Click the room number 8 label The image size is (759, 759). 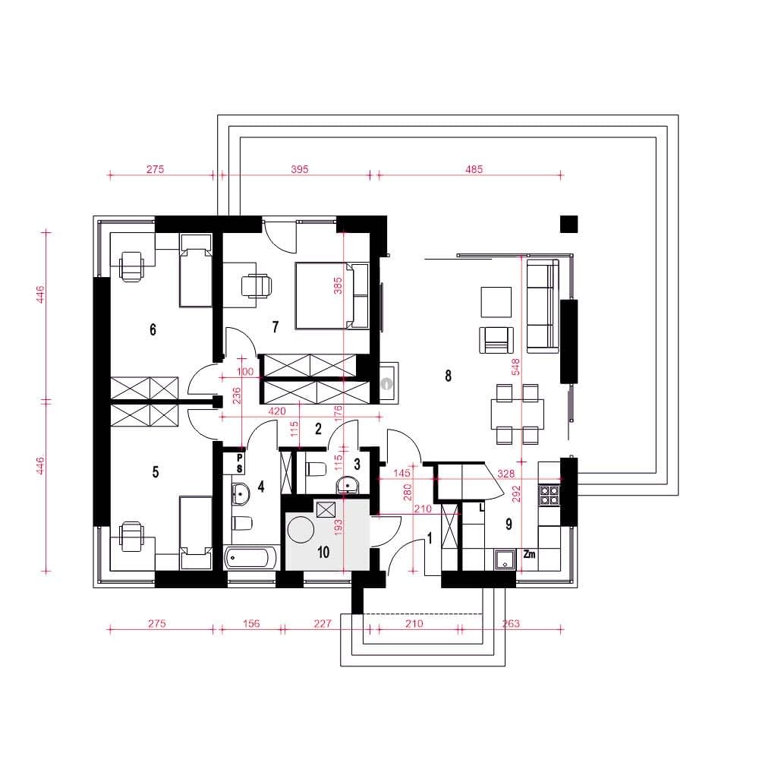[449, 375]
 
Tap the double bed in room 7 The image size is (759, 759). [332, 295]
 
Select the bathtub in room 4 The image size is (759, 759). [252, 557]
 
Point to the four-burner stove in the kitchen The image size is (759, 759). [550, 495]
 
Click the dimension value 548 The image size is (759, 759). [515, 367]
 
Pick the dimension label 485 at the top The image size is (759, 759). [474, 169]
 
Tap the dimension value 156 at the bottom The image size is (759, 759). [251, 623]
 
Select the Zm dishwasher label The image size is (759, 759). [529, 554]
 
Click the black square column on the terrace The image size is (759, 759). [568, 224]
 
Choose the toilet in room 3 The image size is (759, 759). [316, 469]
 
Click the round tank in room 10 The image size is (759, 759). [301, 529]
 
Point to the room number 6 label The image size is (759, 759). [153, 329]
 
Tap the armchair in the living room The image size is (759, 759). [496, 340]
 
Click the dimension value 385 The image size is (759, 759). [338, 285]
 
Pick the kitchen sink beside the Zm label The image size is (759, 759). [505, 559]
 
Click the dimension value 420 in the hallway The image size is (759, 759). [276, 411]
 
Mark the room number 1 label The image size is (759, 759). [430, 538]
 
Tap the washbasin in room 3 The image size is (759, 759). [348, 484]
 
